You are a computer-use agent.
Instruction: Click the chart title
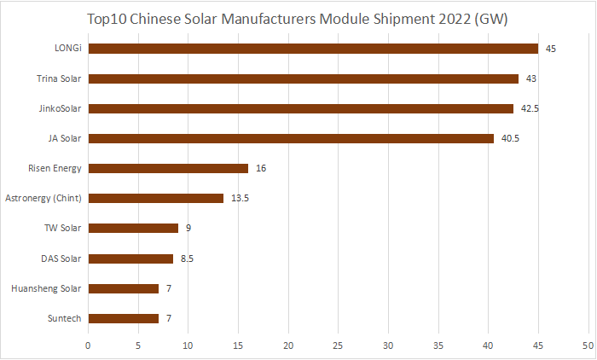(x=298, y=19)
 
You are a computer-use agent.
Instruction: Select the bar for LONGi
(x=313, y=49)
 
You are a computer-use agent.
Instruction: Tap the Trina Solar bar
(x=303, y=78)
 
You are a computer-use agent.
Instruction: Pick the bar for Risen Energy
(x=168, y=168)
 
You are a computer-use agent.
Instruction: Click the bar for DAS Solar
(x=130, y=258)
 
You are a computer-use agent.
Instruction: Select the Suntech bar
(x=123, y=318)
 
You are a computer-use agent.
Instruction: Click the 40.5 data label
(x=509, y=138)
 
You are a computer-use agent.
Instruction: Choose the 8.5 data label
(x=188, y=258)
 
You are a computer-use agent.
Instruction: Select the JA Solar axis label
(x=65, y=138)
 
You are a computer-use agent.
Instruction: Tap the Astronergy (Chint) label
(x=43, y=198)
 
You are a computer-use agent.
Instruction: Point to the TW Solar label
(x=62, y=228)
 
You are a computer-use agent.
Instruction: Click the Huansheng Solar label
(x=46, y=288)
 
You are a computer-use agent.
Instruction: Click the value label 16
(x=261, y=168)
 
